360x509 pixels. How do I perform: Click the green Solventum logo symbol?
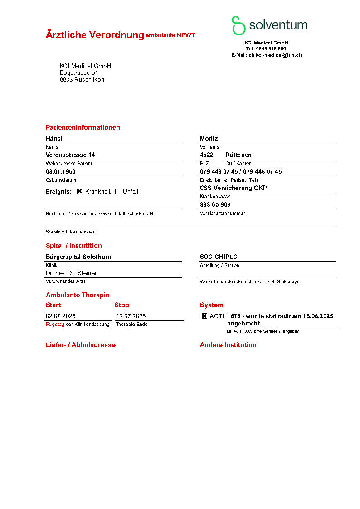coord(238,25)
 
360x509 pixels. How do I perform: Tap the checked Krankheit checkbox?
coord(80,191)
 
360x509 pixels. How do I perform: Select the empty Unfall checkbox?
coord(117,191)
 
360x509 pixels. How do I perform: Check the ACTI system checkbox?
coord(204,316)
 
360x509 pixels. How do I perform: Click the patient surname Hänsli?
coord(55,138)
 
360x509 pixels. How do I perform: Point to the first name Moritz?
coord(209,138)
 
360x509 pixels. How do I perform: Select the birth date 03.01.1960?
coord(61,172)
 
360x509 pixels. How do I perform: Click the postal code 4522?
coord(207,155)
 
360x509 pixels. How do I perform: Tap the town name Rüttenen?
coord(238,155)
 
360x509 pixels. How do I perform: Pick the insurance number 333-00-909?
coord(215,205)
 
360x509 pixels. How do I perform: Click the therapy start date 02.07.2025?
coord(61,316)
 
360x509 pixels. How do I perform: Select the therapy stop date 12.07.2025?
coord(131,316)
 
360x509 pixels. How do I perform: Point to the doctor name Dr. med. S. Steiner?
coord(71,273)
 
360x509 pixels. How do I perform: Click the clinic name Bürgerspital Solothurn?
coord(78,257)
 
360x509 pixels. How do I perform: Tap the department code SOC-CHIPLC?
coord(219,257)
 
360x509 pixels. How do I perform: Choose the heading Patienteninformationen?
coord(83,127)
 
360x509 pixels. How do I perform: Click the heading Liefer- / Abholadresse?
coord(81,345)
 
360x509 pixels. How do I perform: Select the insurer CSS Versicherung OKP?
coord(234,188)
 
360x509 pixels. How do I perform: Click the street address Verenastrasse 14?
coord(70,155)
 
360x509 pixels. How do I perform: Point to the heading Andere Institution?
coord(228,345)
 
